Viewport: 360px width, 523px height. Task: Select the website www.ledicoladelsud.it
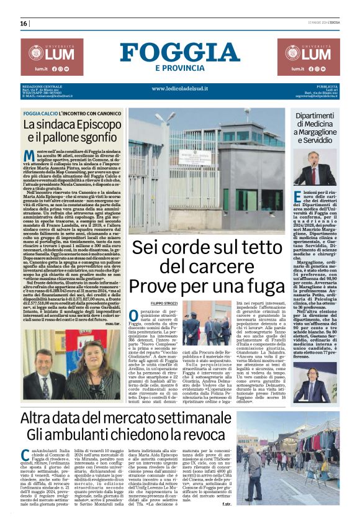[x=179, y=88]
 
